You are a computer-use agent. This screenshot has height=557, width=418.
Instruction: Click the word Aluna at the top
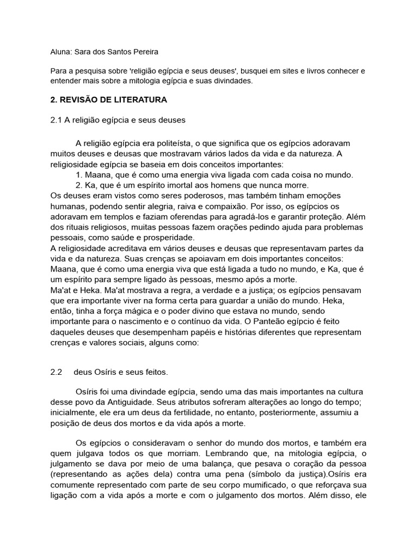pos(60,52)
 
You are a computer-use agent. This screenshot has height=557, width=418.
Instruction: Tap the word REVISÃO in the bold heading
pos(80,100)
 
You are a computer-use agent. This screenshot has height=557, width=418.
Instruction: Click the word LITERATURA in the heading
pos(140,100)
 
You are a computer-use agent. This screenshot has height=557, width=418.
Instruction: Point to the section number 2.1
pos(56,120)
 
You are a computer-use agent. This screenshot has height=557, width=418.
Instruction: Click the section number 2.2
pos(56,372)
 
